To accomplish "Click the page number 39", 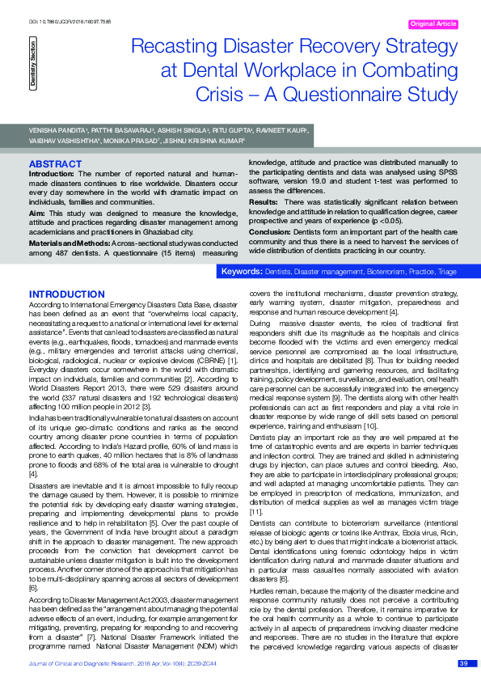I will point(463,663).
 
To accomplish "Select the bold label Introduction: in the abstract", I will point(52,173).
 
